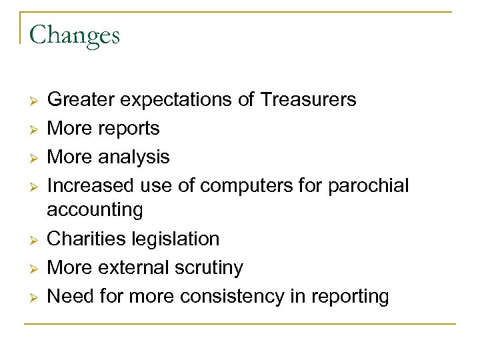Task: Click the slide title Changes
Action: pyautogui.click(x=74, y=35)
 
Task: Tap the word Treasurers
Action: pyautogui.click(x=309, y=100)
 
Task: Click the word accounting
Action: pyautogui.click(x=95, y=210)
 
